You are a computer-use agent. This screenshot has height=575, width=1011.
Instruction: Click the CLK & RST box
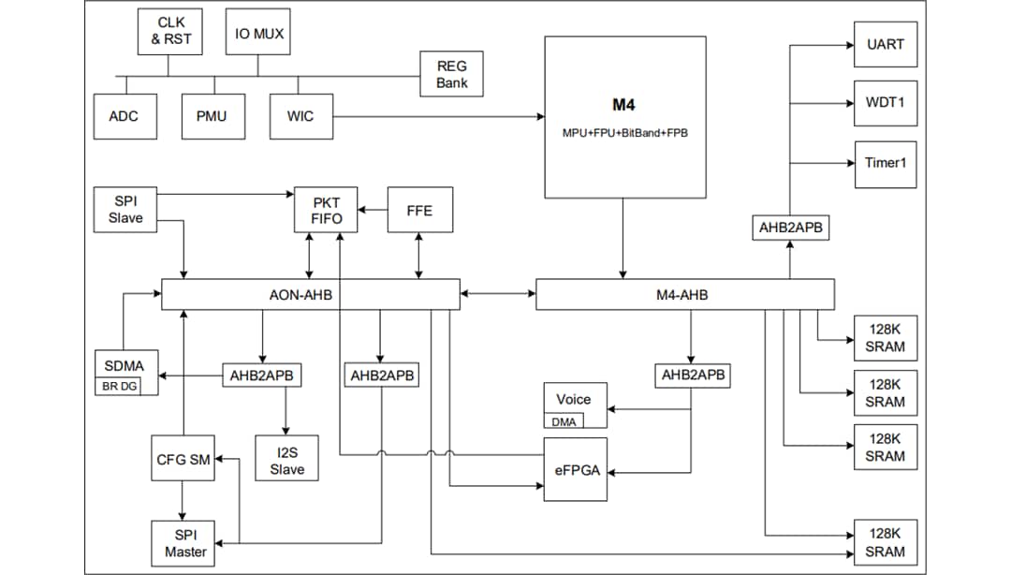point(168,31)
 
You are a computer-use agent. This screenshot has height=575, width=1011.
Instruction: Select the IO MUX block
point(258,34)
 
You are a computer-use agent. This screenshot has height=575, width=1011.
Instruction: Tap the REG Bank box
point(451,74)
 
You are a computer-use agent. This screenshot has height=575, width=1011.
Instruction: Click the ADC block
point(124,116)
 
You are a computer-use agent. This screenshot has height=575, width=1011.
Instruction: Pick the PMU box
point(212,116)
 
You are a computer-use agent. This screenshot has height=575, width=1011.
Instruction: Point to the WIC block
point(300,116)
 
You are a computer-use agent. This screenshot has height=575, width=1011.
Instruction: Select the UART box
point(886,44)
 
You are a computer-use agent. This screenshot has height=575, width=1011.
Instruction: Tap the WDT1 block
point(886,103)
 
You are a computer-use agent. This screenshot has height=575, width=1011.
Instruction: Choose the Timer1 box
point(886,163)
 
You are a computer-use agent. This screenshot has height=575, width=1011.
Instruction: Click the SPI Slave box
point(125,209)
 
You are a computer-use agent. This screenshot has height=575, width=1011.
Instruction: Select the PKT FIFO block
point(328,211)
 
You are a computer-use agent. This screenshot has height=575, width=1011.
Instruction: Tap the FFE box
point(419,211)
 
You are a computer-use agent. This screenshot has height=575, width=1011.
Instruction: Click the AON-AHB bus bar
point(310,295)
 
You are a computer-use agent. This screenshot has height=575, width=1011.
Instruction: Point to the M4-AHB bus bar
point(683,295)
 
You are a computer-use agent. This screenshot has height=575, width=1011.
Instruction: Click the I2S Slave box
point(286,460)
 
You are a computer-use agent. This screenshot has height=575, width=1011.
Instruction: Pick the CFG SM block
point(183,459)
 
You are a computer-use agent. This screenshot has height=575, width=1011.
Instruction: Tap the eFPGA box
point(574,469)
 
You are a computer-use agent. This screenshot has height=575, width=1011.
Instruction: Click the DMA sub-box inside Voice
point(564,420)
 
